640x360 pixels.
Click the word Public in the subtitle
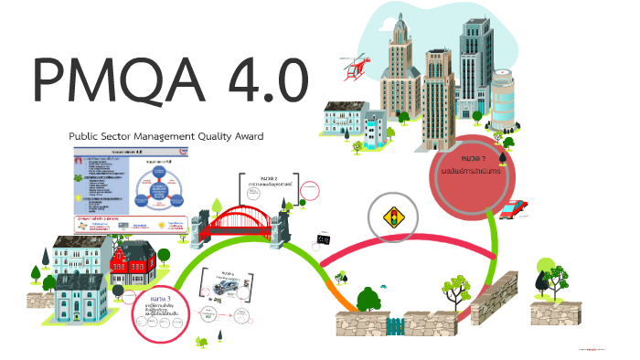pos(86,136)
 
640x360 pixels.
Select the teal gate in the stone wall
pos(396,325)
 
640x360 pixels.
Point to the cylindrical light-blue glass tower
pos(507,101)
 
